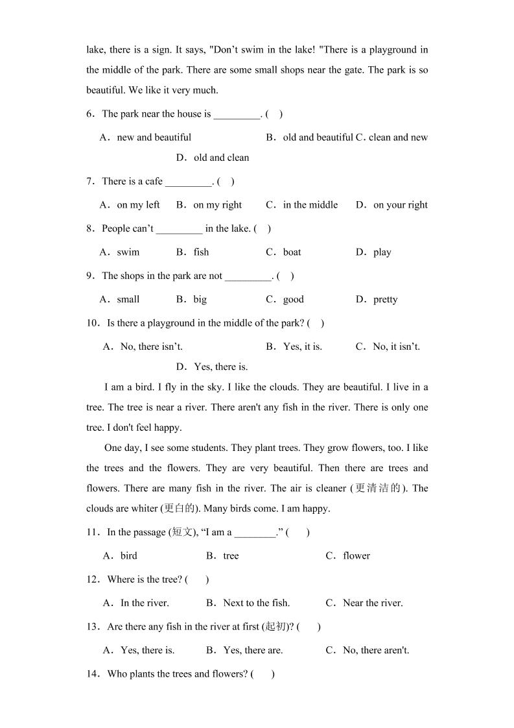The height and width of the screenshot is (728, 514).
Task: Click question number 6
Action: point(91,114)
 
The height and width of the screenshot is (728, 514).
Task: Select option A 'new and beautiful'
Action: point(146,138)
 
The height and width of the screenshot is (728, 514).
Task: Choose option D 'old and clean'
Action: point(213,158)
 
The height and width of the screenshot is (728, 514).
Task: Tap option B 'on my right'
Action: point(209,205)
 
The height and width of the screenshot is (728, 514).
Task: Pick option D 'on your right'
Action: point(391,205)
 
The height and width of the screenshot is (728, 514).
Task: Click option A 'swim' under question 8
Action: point(120,252)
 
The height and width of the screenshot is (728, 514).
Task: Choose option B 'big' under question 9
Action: point(192,300)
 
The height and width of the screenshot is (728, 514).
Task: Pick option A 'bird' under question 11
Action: point(121,556)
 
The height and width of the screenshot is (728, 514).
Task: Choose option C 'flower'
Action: point(348,556)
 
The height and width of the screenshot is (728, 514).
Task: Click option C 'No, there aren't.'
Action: point(368,650)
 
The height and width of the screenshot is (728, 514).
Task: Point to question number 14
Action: point(93,674)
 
